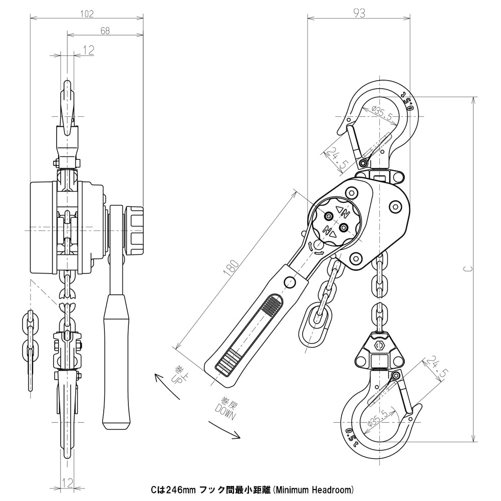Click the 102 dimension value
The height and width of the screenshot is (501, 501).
87,14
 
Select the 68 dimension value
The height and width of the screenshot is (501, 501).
105,31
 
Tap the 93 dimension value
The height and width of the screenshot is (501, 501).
359,14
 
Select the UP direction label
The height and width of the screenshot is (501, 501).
179,373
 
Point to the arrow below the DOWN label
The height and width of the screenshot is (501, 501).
224,430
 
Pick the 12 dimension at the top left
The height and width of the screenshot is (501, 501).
88,49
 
